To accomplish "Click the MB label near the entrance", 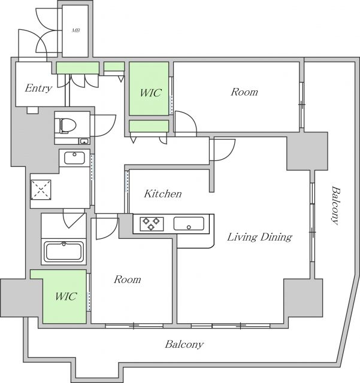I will [76, 29].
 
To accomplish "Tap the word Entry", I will [38, 88].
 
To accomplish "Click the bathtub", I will [64, 251].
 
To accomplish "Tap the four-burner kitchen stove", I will [152, 224].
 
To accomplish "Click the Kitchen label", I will [162, 194].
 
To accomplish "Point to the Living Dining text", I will [259, 237].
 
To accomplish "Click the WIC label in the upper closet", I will [150, 93].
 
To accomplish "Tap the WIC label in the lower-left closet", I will [65, 297].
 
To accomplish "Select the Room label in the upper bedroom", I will [244, 92].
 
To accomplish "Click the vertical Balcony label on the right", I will [335, 206].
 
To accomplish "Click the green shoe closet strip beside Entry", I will [78, 67].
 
